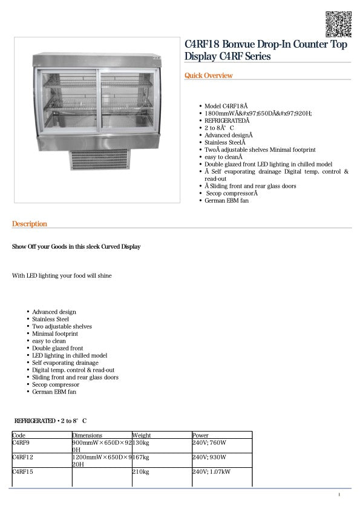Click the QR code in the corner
(338, 24)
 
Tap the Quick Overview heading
(209, 76)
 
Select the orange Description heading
(30, 224)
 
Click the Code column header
(19, 435)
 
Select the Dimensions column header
(87, 435)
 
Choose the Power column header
(200, 435)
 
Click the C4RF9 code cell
(21, 442)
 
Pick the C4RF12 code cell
(22, 457)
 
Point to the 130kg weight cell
(141, 442)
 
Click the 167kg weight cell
(141, 457)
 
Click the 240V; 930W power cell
(209, 457)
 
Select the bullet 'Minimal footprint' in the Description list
(55, 333)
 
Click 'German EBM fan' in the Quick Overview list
(226, 200)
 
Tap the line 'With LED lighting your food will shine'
(62, 275)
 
